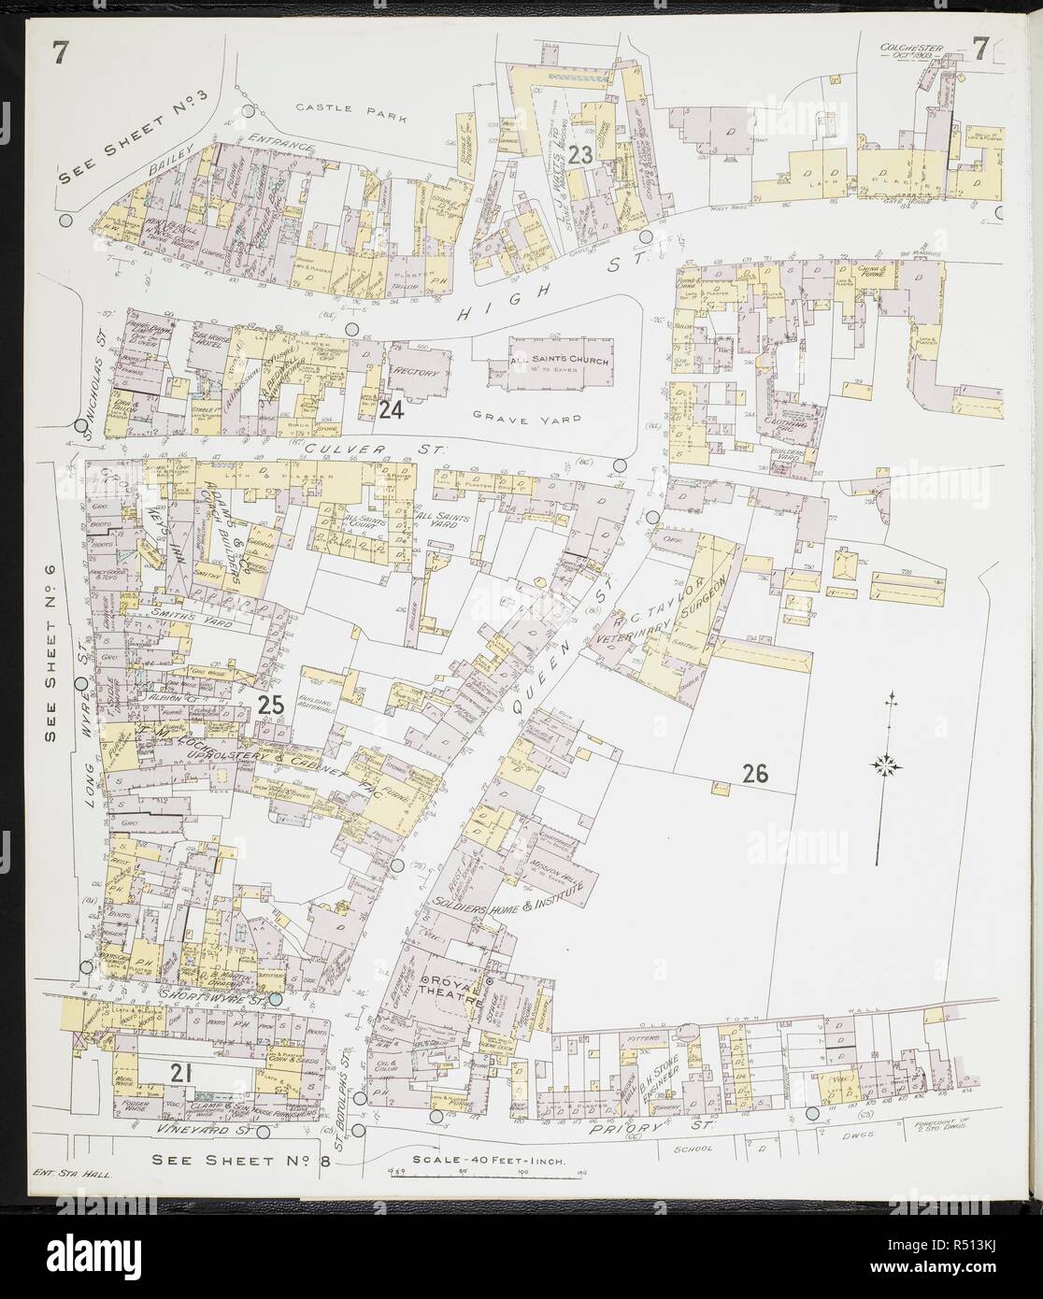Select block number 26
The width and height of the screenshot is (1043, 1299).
(754, 773)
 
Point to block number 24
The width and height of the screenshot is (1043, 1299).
(391, 409)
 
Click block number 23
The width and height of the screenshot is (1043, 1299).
(580, 156)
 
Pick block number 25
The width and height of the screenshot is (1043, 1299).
(270, 707)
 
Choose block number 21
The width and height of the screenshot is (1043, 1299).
(180, 1074)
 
